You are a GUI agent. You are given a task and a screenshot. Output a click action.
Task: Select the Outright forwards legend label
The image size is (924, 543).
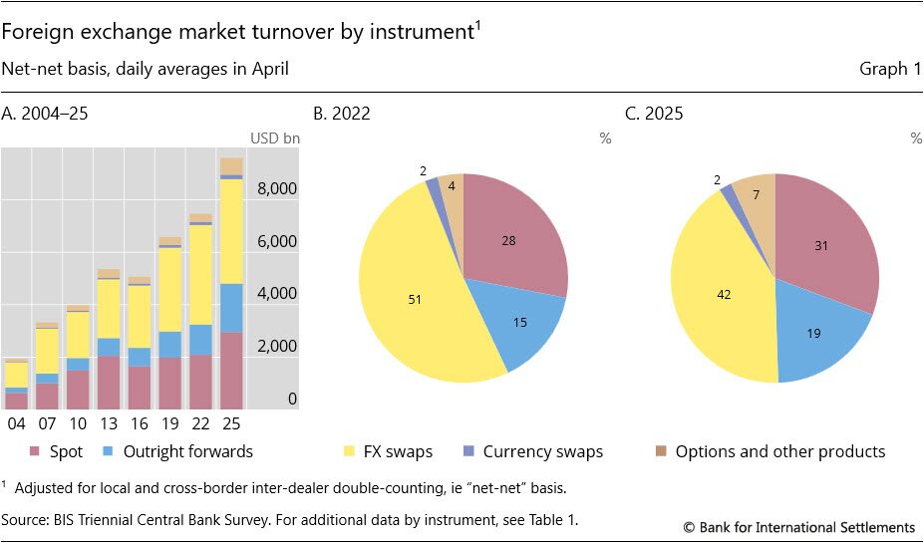pyautogui.click(x=188, y=451)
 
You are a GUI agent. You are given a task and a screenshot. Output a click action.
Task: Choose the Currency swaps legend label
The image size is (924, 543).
pyautogui.click(x=543, y=451)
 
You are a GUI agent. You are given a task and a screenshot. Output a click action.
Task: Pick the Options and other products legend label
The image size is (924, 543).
pyautogui.click(x=780, y=451)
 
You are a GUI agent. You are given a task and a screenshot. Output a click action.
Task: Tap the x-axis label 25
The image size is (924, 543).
pyautogui.click(x=231, y=422)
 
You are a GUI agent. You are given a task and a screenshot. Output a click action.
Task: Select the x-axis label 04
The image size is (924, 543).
pyautogui.click(x=16, y=422)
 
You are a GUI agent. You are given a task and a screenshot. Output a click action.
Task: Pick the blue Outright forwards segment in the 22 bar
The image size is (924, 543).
pyautogui.click(x=200, y=340)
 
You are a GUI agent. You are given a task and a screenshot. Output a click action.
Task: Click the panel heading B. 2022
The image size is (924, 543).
pyautogui.click(x=342, y=113)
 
